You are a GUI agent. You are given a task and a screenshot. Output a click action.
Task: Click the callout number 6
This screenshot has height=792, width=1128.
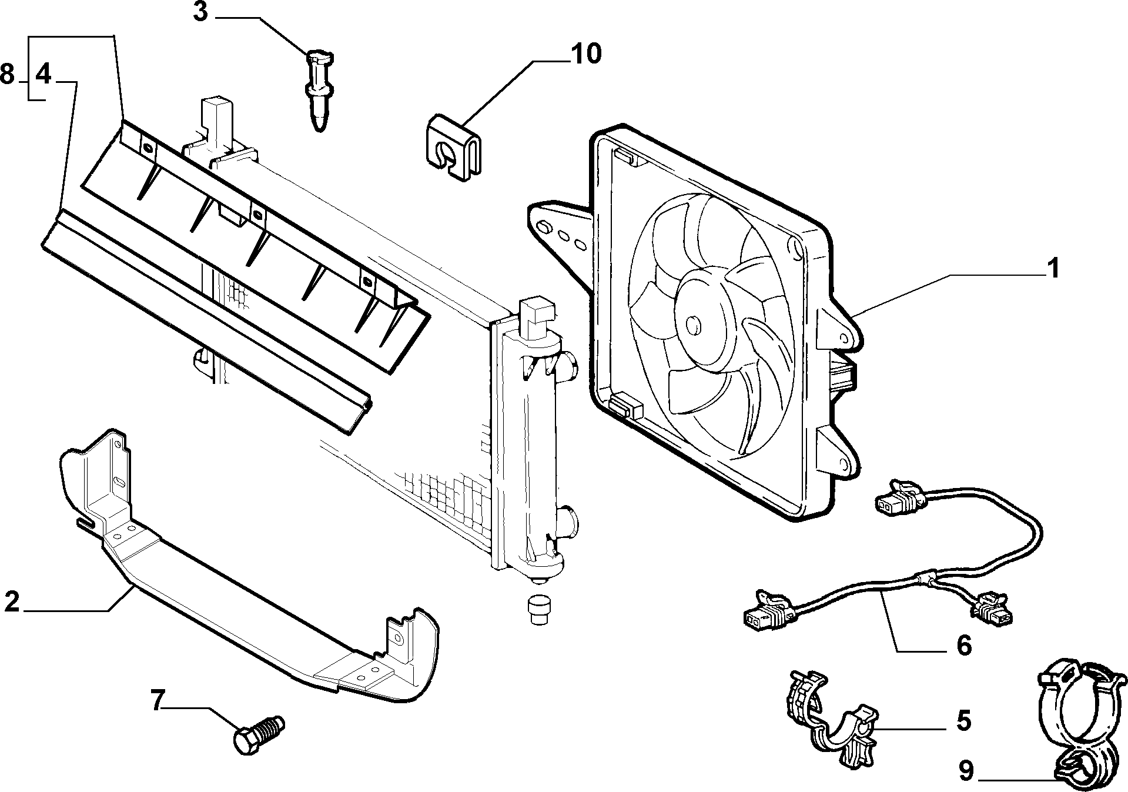(964, 645)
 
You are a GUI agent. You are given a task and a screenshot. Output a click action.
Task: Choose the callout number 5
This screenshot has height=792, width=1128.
(963, 721)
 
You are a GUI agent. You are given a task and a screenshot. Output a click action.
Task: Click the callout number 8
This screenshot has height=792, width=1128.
(8, 75)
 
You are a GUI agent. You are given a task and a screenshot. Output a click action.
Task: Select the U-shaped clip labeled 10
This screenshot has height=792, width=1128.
(453, 147)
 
